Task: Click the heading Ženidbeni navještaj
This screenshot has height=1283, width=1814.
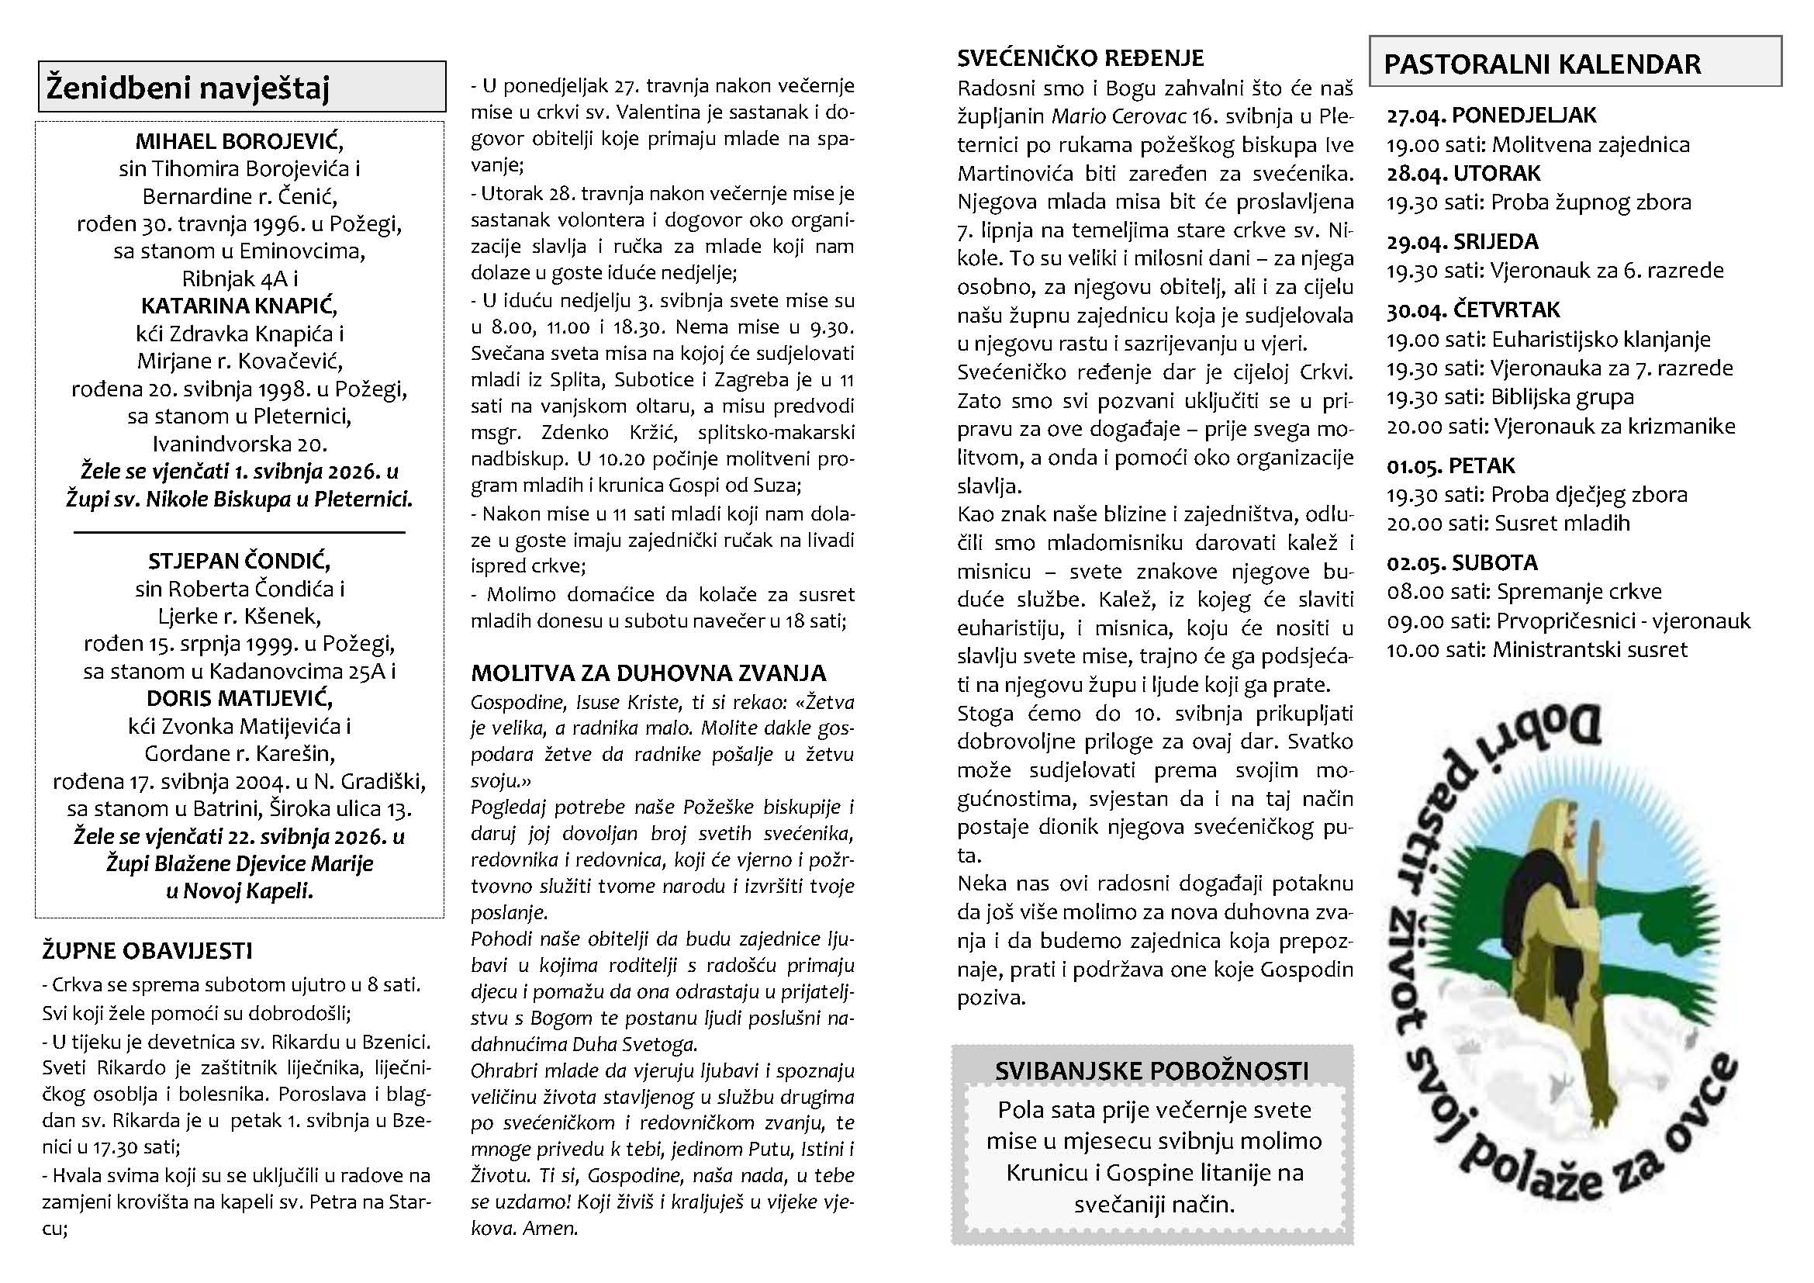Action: click(x=187, y=87)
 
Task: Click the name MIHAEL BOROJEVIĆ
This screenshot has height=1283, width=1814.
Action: click(x=240, y=141)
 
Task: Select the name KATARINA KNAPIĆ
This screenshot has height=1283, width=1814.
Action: click(x=240, y=306)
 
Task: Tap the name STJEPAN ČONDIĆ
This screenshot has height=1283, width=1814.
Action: click(x=240, y=562)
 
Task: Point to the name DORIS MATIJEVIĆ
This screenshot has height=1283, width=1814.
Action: click(x=240, y=698)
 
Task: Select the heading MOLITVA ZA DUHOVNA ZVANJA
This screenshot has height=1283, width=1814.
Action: click(x=648, y=673)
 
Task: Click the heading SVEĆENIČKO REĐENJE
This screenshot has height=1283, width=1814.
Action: click(x=1080, y=58)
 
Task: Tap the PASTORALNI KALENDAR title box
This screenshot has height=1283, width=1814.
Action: click(x=1574, y=63)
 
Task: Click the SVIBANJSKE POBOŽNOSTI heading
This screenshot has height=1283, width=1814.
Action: click(x=1151, y=1071)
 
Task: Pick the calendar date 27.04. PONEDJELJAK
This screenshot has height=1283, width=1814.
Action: click(x=1491, y=116)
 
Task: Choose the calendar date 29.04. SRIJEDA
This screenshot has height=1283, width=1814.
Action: click(x=1462, y=242)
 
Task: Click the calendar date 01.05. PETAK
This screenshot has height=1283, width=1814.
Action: click(x=1450, y=466)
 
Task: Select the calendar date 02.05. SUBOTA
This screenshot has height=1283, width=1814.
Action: click(x=1462, y=563)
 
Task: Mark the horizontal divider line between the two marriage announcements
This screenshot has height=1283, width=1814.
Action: click(x=240, y=533)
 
